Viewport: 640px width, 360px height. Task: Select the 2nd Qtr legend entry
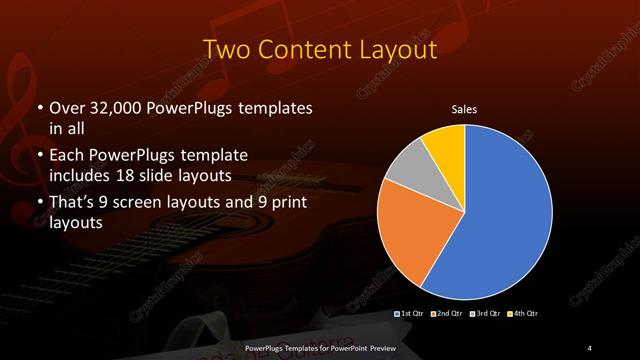click(449, 315)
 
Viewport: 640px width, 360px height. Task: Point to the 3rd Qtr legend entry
click(485, 315)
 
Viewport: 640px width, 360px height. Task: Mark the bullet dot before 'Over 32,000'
click(38, 107)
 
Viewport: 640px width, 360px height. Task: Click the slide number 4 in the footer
click(591, 347)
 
